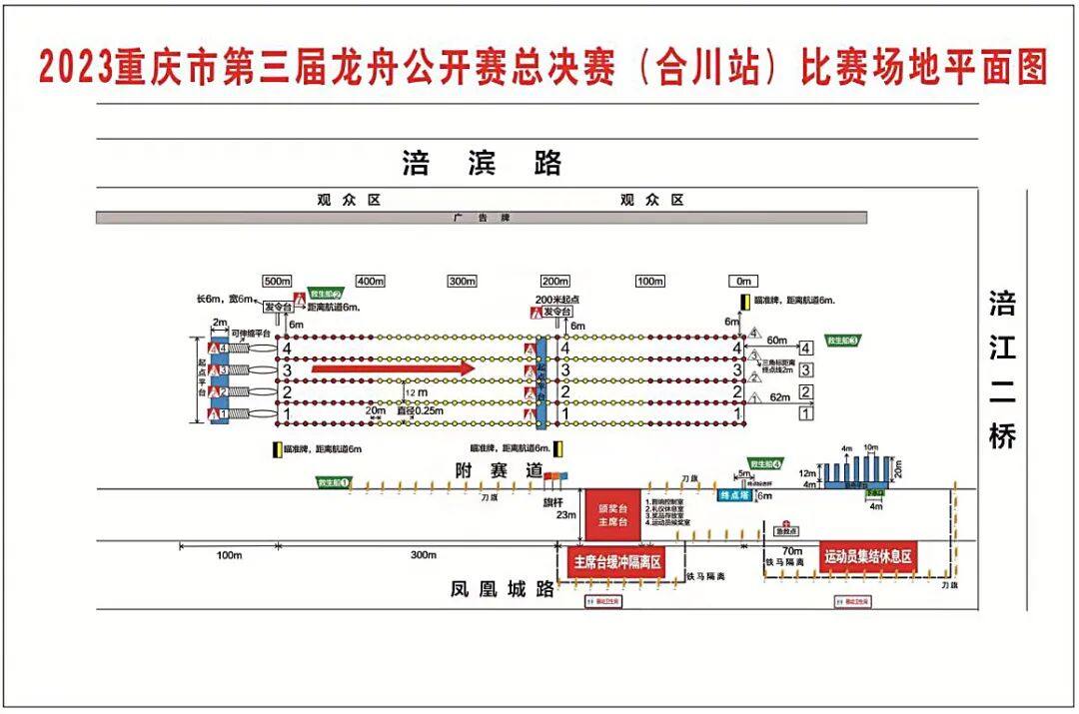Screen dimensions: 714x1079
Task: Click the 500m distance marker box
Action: (276, 282)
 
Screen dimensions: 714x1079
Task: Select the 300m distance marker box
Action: (462, 282)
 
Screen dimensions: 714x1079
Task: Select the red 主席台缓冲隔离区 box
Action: (616, 562)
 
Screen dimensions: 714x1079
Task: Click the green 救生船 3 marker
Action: (842, 341)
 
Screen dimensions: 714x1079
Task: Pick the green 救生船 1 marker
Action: (334, 482)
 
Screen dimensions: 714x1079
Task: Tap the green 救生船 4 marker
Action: (765, 464)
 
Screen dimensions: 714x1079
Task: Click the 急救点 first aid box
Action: (789, 529)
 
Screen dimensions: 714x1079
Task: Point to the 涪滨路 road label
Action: (483, 163)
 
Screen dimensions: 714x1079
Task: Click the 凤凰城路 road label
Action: (502, 589)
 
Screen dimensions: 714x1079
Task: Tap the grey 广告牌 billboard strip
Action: (481, 218)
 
